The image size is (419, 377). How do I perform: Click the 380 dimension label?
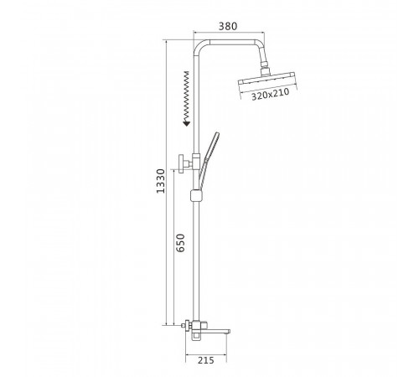228,26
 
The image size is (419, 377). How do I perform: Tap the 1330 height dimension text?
161,181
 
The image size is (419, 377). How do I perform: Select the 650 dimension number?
180,243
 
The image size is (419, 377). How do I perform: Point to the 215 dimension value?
206,360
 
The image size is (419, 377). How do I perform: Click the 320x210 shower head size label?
270,94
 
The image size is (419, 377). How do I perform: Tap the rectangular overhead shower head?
266,79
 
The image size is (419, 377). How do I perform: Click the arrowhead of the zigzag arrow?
186,123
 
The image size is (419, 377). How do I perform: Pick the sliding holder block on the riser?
196,195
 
